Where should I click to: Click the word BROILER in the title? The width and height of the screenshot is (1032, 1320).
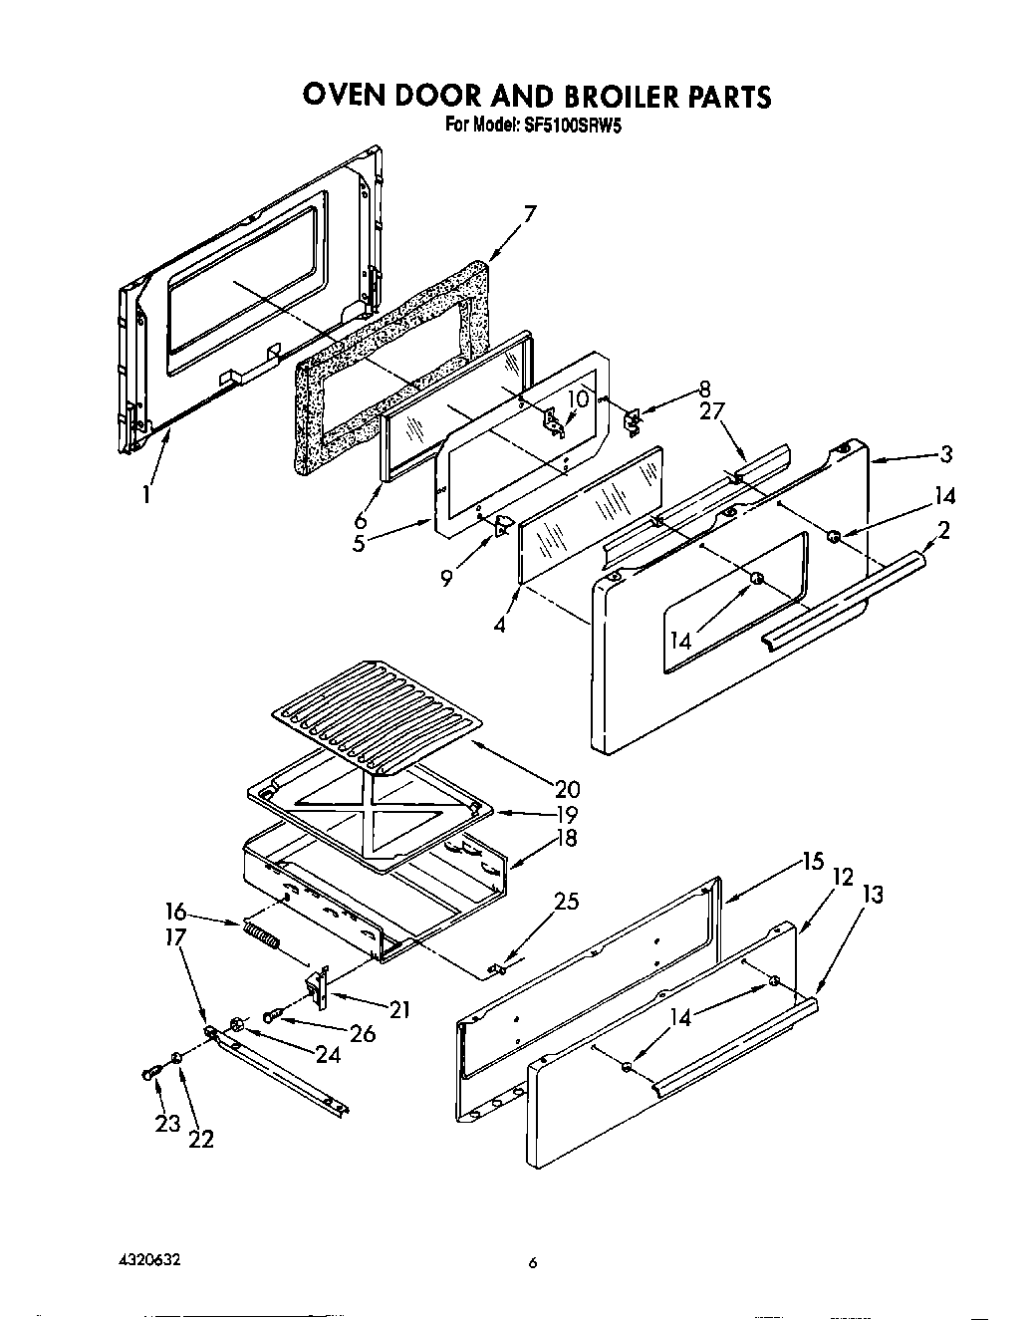pyautogui.click(x=606, y=96)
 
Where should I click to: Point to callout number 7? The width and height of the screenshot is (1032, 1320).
pyautogui.click(x=530, y=213)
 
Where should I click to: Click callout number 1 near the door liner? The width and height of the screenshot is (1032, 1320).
pyautogui.click(x=146, y=494)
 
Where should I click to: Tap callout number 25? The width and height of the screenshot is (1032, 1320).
pyautogui.click(x=566, y=903)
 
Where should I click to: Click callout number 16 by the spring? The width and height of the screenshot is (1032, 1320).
pyautogui.click(x=174, y=910)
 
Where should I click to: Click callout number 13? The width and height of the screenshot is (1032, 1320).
pyautogui.click(x=873, y=896)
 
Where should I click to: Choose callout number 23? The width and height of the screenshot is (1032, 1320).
pyautogui.click(x=166, y=1123)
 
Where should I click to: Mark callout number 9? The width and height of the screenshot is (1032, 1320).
pyautogui.click(x=448, y=577)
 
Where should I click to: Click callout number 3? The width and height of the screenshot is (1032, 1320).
pyautogui.click(x=945, y=454)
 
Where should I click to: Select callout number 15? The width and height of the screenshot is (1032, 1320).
pyautogui.click(x=813, y=862)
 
